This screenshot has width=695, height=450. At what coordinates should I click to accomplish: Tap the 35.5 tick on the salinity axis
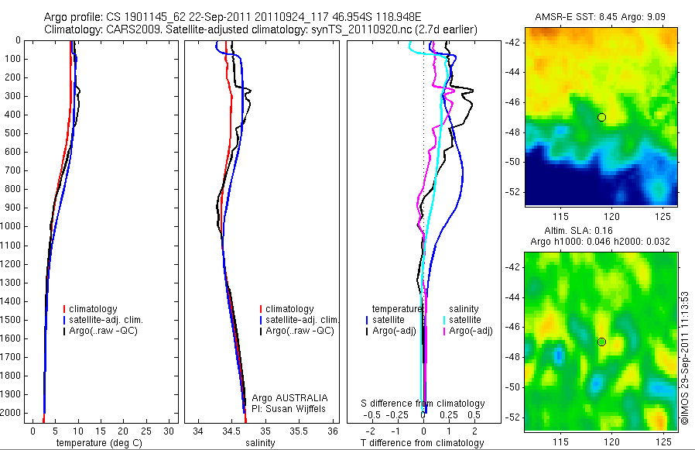tap(300, 431)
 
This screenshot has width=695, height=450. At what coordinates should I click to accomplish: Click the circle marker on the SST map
tap(601, 117)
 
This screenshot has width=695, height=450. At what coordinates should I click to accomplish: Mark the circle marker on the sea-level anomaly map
tap(601, 342)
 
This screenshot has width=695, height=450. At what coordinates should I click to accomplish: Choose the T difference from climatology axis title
tap(423, 443)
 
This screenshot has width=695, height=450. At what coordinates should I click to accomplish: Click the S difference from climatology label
tap(423, 404)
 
